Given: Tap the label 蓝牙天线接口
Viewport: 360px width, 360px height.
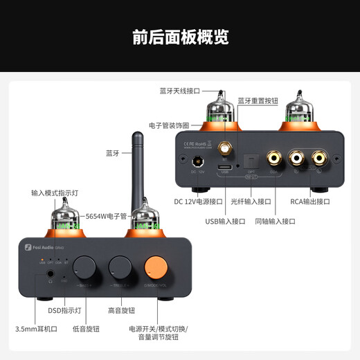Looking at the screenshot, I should pos(179,91).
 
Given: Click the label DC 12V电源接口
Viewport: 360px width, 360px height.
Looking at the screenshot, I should pos(198,201).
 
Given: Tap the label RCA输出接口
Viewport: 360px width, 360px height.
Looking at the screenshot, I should pos(311,201).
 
